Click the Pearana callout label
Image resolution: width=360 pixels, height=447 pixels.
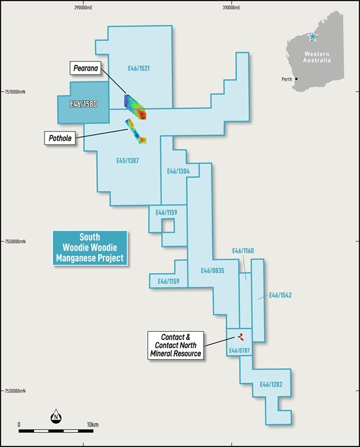click(x=86, y=68)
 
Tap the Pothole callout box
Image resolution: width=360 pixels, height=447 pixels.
click(x=60, y=138)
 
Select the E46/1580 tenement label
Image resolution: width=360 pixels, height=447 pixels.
click(x=84, y=104)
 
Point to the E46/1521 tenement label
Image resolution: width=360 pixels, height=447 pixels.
click(x=139, y=69)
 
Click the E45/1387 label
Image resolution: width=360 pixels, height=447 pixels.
click(x=128, y=161)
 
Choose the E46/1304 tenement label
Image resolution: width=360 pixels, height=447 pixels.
click(x=178, y=171)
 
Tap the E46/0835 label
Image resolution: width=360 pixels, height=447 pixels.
click(x=212, y=270)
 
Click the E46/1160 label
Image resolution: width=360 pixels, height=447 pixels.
click(x=243, y=251)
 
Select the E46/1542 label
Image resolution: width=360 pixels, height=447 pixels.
click(x=281, y=295)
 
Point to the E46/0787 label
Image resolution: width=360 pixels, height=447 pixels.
click(x=240, y=350)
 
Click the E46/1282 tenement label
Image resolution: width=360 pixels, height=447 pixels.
click(x=271, y=384)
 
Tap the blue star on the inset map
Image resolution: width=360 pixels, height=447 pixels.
click(x=313, y=37)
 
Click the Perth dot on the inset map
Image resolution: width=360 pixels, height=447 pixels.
click(x=297, y=79)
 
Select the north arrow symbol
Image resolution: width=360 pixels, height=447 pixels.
click(x=56, y=416)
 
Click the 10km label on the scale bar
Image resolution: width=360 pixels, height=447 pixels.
click(x=93, y=425)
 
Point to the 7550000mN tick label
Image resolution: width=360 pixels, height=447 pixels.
click(x=15, y=241)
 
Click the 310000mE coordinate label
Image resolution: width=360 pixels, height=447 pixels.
click(x=232, y=8)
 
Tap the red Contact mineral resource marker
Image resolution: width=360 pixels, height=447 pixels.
click(x=241, y=336)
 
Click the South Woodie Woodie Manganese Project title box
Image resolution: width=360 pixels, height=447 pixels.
click(x=90, y=248)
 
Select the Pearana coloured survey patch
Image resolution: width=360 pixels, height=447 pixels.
click(x=135, y=107)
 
